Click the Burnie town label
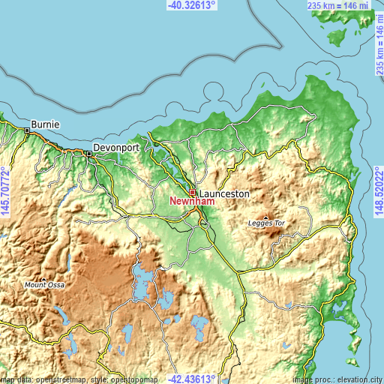pos(45,124)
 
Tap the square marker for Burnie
pos(27,130)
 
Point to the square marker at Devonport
pos(88,154)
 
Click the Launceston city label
pos(224,193)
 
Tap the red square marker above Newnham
pos(193,192)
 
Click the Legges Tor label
pos(266,223)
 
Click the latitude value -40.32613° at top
pos(191,4)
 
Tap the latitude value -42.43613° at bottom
pos(191,379)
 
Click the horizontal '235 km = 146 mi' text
pos(339,5)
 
